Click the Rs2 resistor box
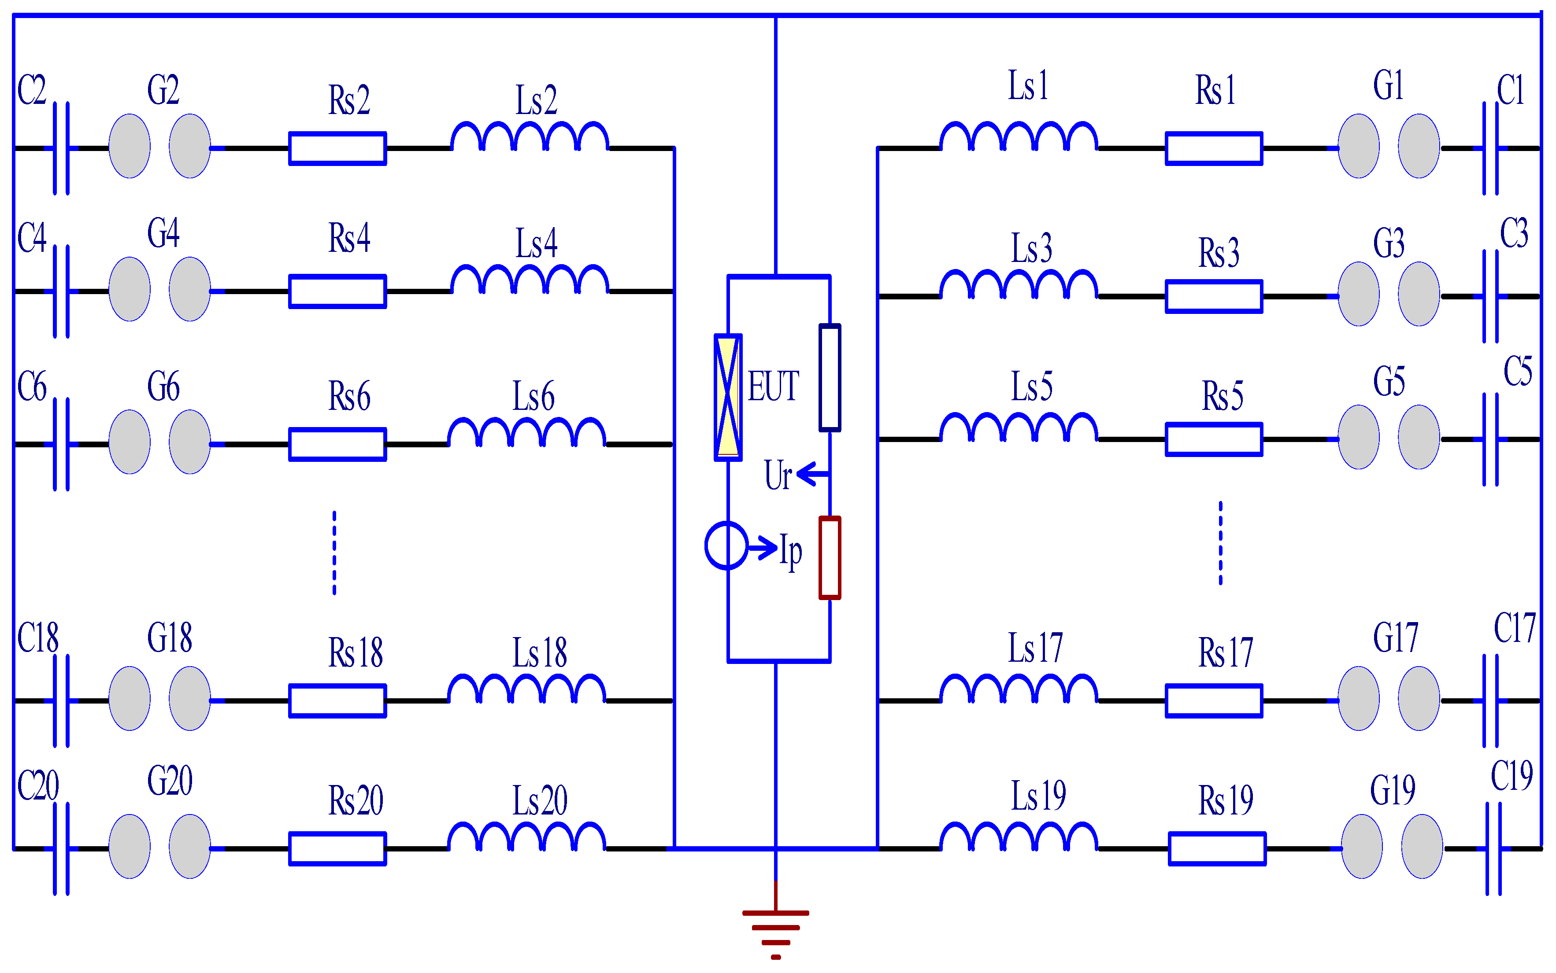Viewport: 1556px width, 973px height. point(337,149)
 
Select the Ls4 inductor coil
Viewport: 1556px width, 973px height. point(529,280)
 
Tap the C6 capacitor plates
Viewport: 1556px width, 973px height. point(61,444)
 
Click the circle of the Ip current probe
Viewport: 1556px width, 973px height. point(726,545)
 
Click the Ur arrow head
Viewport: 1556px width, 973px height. point(805,474)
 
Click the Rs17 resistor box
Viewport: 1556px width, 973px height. point(1214,701)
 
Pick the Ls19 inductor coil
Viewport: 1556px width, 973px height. point(1019,837)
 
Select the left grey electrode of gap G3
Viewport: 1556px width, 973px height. point(1358,294)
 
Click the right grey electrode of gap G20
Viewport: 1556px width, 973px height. point(189,846)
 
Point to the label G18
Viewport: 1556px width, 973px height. point(169,638)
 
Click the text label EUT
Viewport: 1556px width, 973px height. point(773,387)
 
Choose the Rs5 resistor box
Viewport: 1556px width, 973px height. point(1214,439)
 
